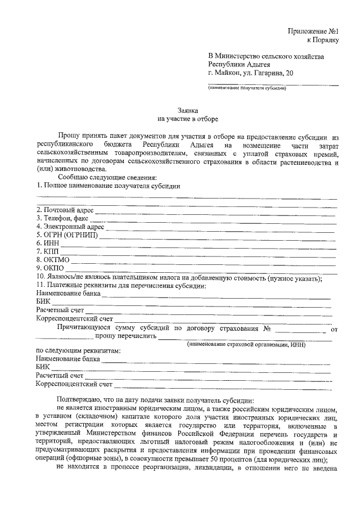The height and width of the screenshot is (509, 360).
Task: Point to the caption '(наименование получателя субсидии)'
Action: pos(247,88)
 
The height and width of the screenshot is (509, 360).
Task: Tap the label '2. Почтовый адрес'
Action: pos(64,210)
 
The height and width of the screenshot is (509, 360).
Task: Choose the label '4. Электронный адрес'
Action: pos(70,226)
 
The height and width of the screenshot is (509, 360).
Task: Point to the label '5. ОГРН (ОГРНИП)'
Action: pos(66,235)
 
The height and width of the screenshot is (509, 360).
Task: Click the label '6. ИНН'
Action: pos(48,243)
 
